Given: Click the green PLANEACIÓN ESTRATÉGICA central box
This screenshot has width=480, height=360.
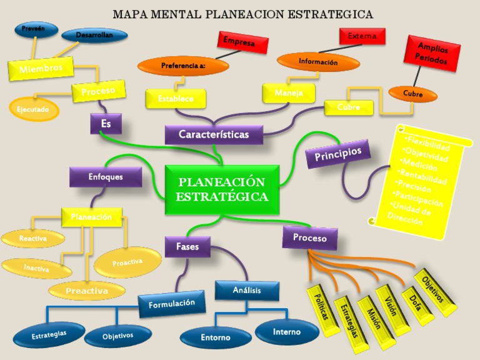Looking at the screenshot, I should click(x=222, y=189).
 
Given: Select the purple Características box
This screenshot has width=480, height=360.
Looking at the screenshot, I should click(x=214, y=134).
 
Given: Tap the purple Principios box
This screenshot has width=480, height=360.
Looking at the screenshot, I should click(x=337, y=154).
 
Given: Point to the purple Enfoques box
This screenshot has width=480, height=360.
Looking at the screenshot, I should click(x=106, y=177).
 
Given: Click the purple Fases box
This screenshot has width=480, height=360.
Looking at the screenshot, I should click(x=187, y=247).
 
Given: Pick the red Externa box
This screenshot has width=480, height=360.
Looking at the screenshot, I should click(x=362, y=36).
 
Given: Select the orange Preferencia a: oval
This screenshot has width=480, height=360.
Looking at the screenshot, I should click(x=184, y=65).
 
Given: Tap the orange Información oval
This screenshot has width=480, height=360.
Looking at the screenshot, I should click(x=318, y=62).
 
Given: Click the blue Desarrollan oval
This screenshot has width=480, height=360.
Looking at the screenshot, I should click(x=94, y=36).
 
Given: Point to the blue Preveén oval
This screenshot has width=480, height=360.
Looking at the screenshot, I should click(x=36, y=29).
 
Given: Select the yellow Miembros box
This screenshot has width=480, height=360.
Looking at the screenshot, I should click(x=41, y=68).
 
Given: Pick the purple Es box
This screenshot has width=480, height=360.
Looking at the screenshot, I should click(x=106, y=124).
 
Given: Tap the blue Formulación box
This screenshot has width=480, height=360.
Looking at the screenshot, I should click(x=172, y=304).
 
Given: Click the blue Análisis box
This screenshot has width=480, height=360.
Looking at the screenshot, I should click(x=246, y=291).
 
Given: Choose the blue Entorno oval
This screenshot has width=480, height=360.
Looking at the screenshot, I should click(x=215, y=337).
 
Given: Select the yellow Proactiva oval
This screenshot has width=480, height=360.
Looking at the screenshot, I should click(x=127, y=262).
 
